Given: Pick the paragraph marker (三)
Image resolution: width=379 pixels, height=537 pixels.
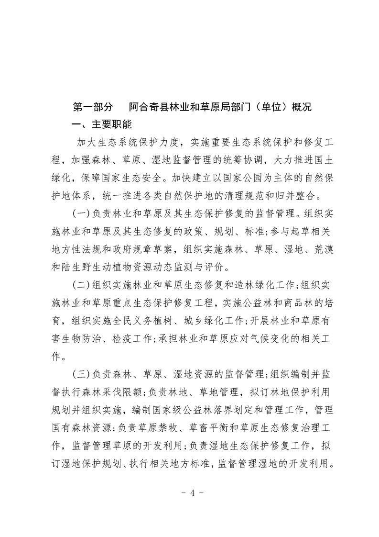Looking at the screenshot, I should [80, 375].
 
